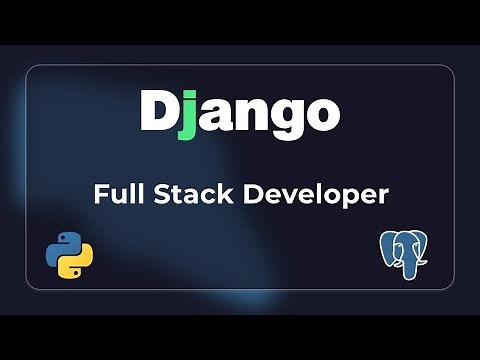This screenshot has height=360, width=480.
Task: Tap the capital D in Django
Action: [158, 111]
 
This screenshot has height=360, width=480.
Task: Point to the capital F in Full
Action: [100, 194]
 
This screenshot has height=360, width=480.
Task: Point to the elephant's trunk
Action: [409, 271]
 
